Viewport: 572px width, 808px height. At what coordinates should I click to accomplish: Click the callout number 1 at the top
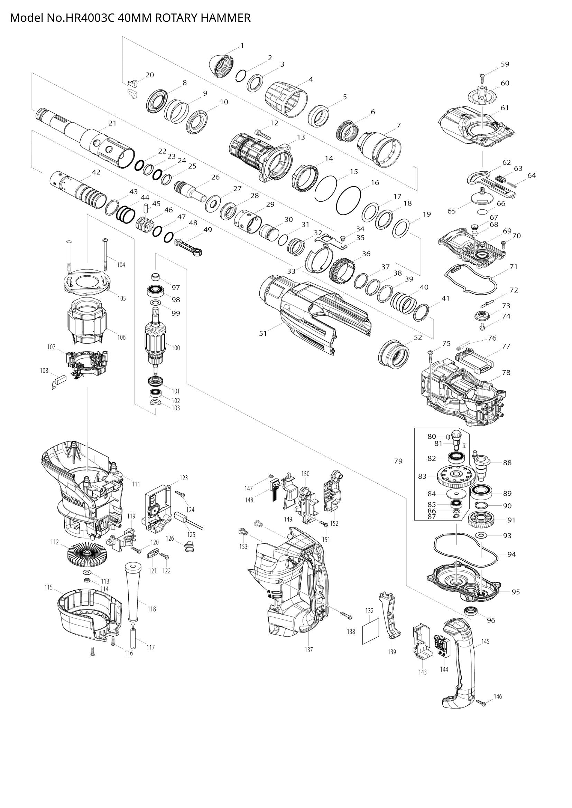pyautogui.click(x=242, y=45)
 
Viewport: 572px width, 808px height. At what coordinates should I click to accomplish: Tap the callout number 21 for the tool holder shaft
pyautogui.click(x=112, y=123)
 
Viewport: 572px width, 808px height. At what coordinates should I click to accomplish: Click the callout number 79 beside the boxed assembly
pyautogui.click(x=398, y=461)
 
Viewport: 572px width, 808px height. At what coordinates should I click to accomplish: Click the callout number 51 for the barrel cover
pyautogui.click(x=264, y=333)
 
